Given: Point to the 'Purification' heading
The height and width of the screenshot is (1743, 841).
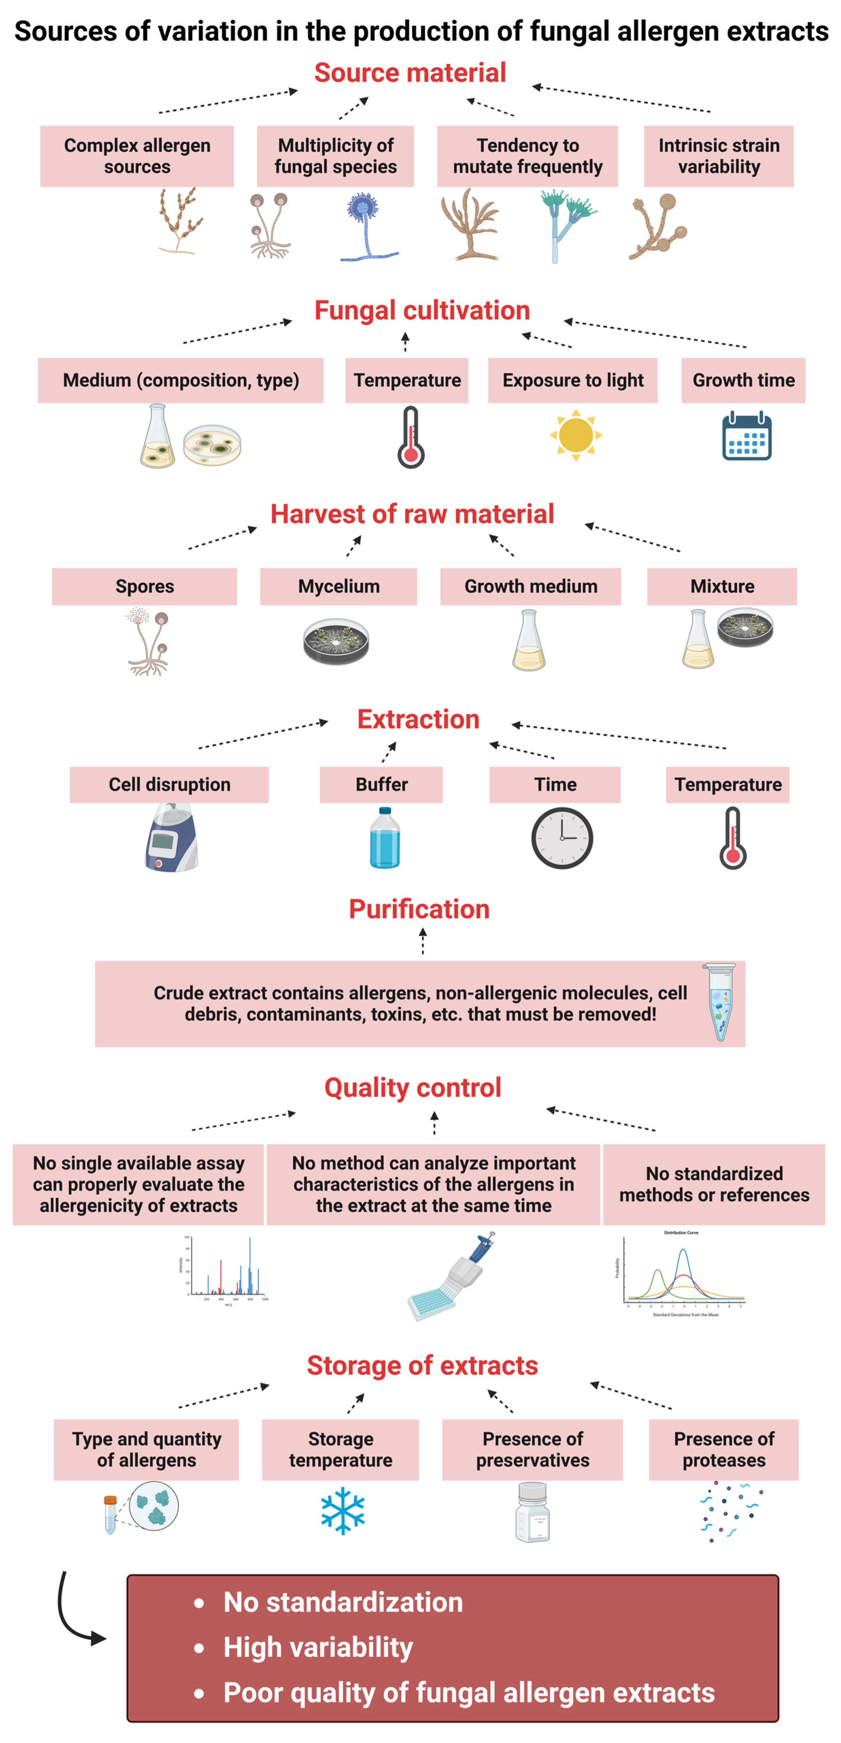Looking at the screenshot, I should (419, 910).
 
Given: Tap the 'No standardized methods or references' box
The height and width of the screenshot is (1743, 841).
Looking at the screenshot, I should (714, 1184).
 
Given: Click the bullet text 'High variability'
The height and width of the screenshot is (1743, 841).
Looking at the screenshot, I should (318, 1647).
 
